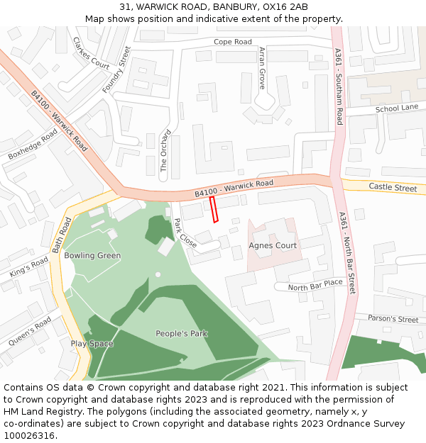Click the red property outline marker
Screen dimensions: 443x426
pos(214,210)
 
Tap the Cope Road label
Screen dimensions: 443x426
pos(233,42)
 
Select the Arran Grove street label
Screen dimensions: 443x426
pos(262,68)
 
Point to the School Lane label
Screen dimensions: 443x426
pos(397,108)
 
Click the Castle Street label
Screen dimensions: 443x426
pos(393,188)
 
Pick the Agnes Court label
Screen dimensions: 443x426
pos(273,246)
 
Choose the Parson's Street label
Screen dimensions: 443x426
pos(393,319)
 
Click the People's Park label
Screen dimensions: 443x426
pos(182,333)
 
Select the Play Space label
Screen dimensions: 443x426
pos(92,344)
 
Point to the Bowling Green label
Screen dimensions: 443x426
pos(92,255)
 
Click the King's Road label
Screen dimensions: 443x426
pos(29,267)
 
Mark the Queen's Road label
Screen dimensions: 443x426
pos(30,331)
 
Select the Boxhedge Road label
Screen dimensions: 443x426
pos(33,144)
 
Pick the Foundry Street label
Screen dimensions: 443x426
pos(117,69)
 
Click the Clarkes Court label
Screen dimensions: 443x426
pos(91,53)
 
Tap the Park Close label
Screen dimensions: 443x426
pos(185,232)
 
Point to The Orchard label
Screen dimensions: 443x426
pos(165,150)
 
